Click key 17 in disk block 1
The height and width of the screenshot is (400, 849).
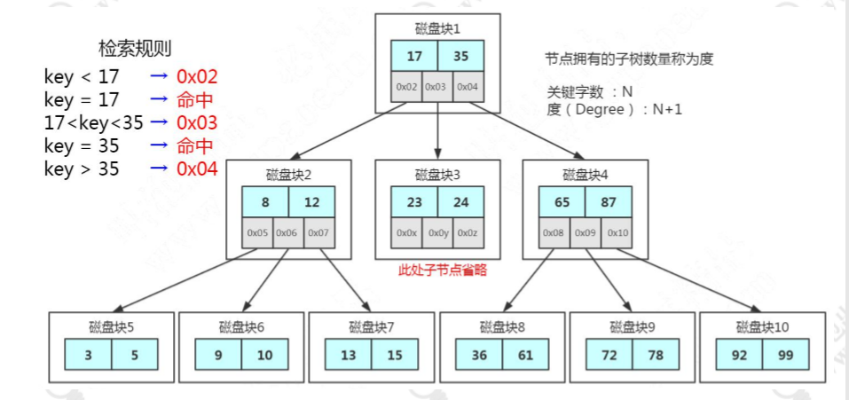(413, 55)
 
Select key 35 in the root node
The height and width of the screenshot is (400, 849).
(461, 55)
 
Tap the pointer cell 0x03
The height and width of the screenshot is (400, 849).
(436, 87)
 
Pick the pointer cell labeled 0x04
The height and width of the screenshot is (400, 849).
(468, 87)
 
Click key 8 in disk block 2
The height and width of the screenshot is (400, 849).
(265, 201)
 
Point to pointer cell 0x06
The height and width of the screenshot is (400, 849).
(288, 232)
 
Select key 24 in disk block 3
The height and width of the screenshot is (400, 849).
(461, 201)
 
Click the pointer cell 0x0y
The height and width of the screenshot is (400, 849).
(436, 232)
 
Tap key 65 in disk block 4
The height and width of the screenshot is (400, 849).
(562, 201)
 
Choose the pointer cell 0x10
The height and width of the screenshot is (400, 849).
(617, 232)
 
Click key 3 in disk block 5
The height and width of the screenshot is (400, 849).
(88, 355)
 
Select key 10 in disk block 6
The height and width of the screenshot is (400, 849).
(265, 355)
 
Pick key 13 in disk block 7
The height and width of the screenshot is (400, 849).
(348, 355)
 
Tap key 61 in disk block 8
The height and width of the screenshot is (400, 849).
(526, 355)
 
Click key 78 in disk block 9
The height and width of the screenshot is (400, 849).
(656, 355)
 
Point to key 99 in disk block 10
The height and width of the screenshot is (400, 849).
(785, 355)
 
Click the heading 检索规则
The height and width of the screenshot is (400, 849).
(133, 48)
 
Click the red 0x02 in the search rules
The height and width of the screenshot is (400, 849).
(196, 76)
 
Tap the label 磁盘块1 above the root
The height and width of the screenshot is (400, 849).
(437, 28)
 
